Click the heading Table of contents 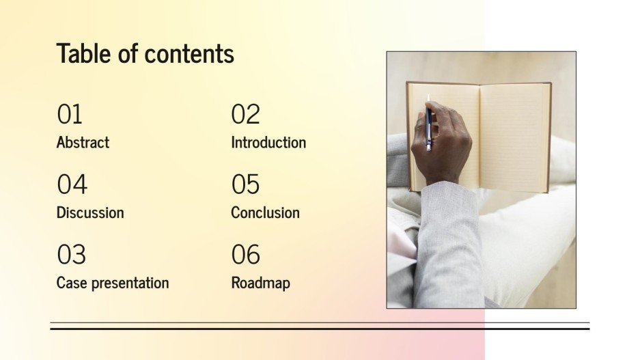[145, 53]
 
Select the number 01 [70, 114]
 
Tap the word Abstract [83, 142]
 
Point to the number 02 [245, 114]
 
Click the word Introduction [268, 142]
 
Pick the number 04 [72, 184]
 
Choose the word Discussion [90, 212]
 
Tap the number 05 [245, 184]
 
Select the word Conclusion [265, 212]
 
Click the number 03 [71, 255]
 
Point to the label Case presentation [113, 283]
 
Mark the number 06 [245, 255]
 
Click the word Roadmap [260, 283]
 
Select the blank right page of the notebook [514, 137]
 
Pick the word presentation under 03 [130, 283]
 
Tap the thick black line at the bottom [320, 329]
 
